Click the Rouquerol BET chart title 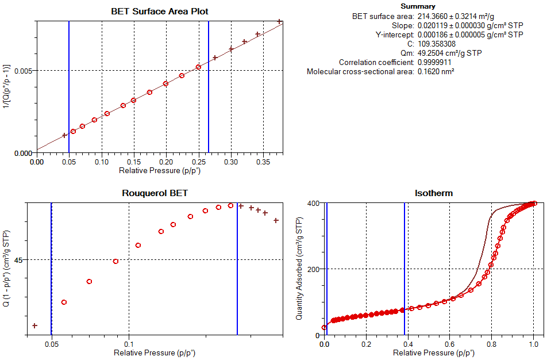[x=155, y=193]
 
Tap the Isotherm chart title [x=433, y=193]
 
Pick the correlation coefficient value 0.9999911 [x=435, y=62]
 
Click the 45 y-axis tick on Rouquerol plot [x=18, y=260]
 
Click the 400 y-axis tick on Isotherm [x=313, y=204]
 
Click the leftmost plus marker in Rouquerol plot [x=35, y=326]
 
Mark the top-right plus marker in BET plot [x=279, y=22]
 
